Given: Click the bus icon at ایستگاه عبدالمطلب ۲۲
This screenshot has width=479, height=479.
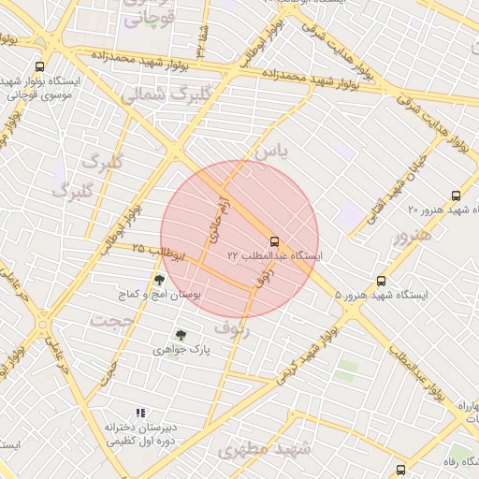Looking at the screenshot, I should [x=274, y=241].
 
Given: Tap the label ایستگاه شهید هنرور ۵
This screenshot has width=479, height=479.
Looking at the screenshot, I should [x=381, y=295].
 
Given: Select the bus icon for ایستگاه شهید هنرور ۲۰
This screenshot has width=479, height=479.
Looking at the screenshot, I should [x=456, y=196].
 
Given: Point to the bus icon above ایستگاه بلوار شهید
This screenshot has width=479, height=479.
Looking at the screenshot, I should [x=39, y=66].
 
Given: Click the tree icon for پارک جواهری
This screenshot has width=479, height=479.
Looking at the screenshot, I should [x=181, y=335].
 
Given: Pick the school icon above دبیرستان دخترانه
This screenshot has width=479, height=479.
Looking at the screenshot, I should [x=140, y=413].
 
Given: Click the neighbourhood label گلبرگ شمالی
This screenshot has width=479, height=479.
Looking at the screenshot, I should [x=162, y=94].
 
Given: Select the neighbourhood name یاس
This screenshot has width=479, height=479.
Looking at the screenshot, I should [x=272, y=150].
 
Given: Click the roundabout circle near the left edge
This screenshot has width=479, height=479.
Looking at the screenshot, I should [x=43, y=325].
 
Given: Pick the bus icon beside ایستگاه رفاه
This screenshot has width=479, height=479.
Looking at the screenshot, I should [x=400, y=470].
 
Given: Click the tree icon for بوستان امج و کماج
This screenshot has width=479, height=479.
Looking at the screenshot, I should [x=160, y=279].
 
